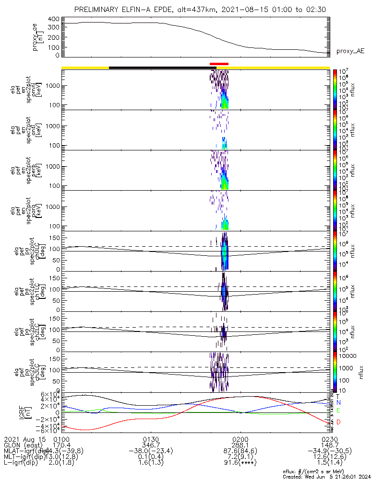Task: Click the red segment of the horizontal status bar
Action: pos(219,64)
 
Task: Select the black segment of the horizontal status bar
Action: pos(158,68)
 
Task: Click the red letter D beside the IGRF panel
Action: pos(338,422)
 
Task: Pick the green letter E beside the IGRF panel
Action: pos(338,411)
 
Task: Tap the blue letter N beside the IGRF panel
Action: pos(338,403)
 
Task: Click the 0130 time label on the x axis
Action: pos(151,439)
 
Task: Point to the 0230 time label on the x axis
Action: pos(329,439)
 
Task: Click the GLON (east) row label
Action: pos(22,445)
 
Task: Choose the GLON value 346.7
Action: pos(151,445)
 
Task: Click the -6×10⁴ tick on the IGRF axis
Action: pos(48,432)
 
